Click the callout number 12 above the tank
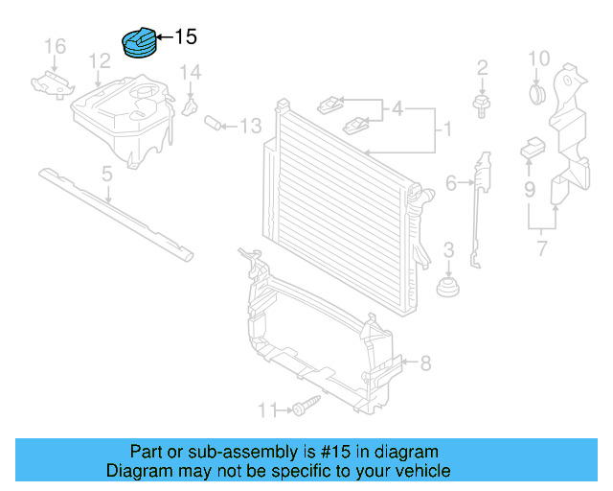[x=100, y=62]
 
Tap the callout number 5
[x=107, y=174]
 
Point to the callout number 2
[x=482, y=67]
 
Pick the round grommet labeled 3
[x=447, y=287]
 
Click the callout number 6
[x=450, y=181]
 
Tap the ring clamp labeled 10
[x=536, y=93]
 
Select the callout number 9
[x=529, y=190]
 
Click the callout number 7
[x=541, y=250]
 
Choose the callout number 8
[x=425, y=362]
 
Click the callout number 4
[x=397, y=109]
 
